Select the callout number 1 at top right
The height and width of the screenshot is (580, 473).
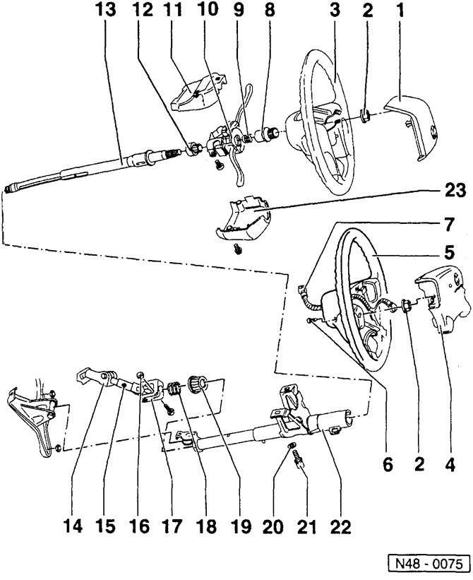[x=400, y=12]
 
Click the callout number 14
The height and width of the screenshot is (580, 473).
[x=73, y=526]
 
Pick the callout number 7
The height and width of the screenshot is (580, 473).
[x=449, y=221]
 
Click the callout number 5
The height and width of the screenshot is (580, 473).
[x=450, y=250]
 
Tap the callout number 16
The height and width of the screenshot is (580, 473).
[x=138, y=526]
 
